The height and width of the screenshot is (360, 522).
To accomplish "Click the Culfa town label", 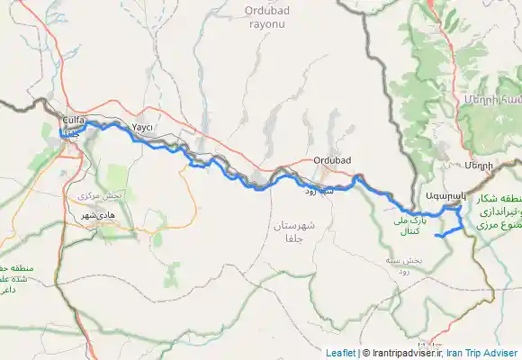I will pos(73,119).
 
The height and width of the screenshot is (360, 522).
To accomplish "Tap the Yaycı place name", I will pos(143,128).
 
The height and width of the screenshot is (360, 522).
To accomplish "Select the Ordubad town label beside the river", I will pos(331,161).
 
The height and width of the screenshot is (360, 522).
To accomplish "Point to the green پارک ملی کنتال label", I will pos(409,224).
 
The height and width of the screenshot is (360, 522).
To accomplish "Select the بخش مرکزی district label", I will pos(100,195).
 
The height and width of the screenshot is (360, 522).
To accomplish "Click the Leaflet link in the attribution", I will pos(340,353).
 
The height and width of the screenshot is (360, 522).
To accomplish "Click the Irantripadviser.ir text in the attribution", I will pos(401,353).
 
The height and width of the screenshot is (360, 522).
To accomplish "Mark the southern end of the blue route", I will pos(436,236).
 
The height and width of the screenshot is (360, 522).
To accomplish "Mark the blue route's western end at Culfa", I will pos(61,134).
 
